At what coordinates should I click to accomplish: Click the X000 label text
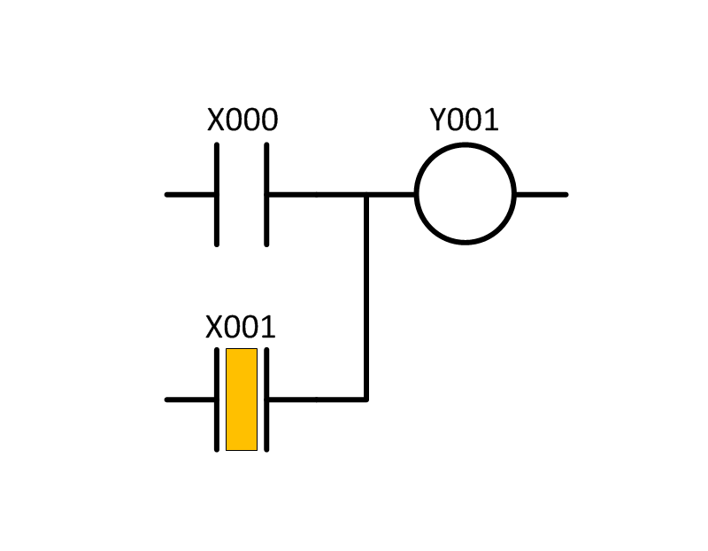tap(242, 120)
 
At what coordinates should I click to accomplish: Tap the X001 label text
tap(240, 327)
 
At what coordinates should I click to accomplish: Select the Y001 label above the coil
tap(464, 120)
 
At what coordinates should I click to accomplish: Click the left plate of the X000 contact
tap(217, 195)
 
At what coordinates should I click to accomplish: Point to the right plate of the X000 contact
tap(266, 195)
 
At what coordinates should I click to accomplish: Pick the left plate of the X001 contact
tap(217, 400)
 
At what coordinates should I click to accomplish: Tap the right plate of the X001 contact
tap(266, 400)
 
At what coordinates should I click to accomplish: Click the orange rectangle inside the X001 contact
tap(242, 400)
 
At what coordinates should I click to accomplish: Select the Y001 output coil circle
tap(415, 194)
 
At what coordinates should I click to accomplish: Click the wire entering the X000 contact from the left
tap(189, 195)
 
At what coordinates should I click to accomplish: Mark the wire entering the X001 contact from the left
tap(189, 400)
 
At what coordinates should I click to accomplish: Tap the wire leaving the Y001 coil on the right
tap(542, 195)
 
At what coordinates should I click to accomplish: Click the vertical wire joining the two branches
tap(366, 297)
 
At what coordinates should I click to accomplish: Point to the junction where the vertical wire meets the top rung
tap(366, 195)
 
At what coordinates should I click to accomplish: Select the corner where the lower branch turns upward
tap(366, 400)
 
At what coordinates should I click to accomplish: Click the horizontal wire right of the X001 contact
tap(318, 400)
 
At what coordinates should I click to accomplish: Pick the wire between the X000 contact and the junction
tap(318, 195)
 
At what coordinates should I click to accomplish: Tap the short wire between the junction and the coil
tap(390, 195)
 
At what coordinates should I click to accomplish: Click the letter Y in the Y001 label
tap(438, 120)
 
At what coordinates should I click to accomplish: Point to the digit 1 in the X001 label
tap(269, 327)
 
